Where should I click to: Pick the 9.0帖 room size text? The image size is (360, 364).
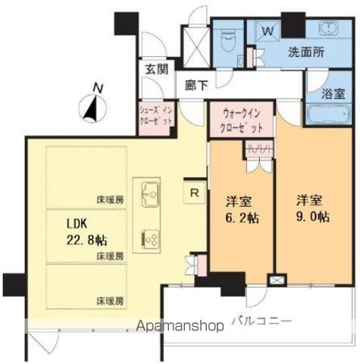pyautogui.click(x=311, y=217)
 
